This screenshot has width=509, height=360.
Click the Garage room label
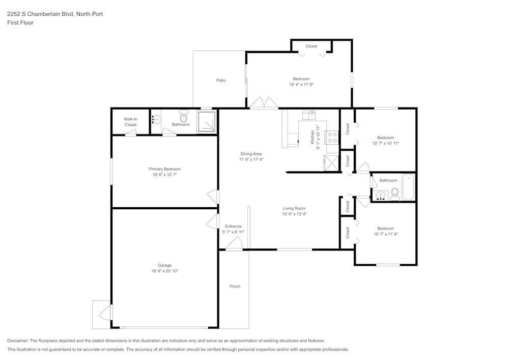click(164, 265)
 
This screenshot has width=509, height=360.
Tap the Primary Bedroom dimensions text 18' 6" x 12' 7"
click(164, 175)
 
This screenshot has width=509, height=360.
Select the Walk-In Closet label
click(131, 122)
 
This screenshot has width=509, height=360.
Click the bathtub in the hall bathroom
click(408, 188)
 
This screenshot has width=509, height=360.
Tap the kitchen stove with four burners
click(332, 137)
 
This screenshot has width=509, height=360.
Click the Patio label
click(221, 80)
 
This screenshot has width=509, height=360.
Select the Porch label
click(235, 286)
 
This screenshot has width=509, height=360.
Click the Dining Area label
click(251, 154)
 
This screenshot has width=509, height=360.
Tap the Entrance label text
click(233, 226)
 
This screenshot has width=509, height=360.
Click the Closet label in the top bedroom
click(312, 46)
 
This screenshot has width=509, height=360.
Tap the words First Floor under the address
click(20, 23)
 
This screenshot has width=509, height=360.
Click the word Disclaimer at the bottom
click(18, 341)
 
